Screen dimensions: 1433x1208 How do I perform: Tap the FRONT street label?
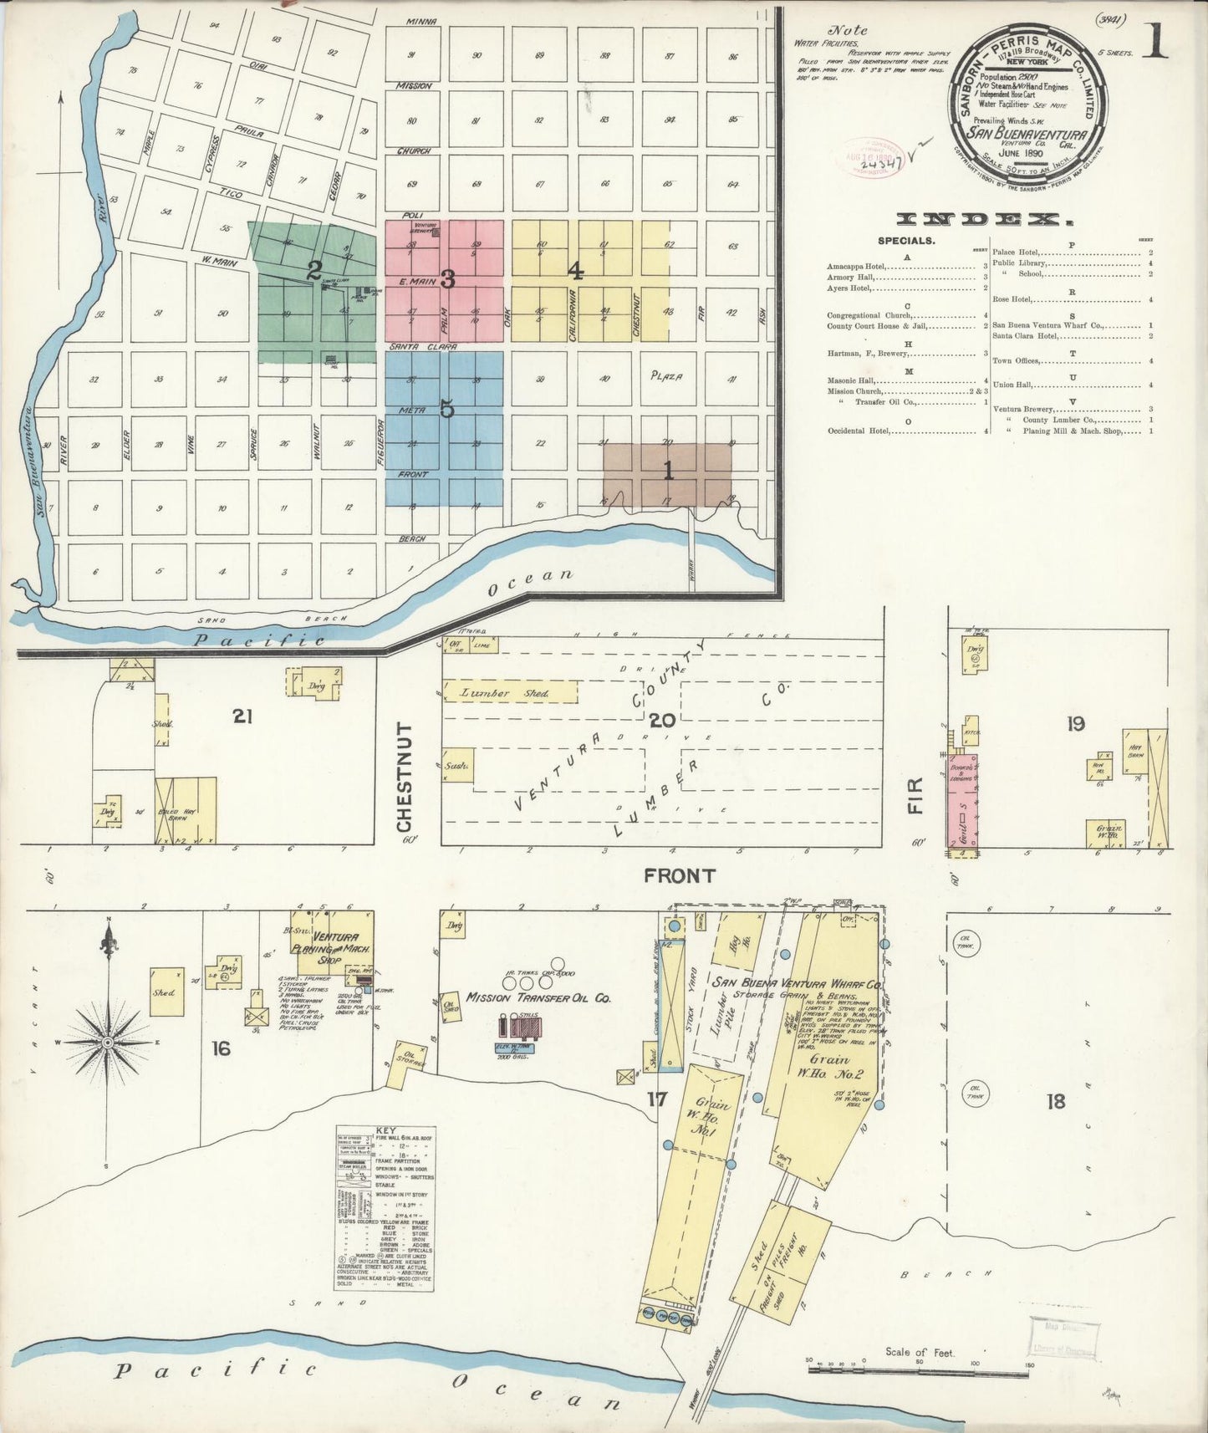coord(679,875)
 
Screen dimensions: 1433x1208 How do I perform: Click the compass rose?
coord(108,1041)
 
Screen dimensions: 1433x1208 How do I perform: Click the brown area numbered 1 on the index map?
coord(667,473)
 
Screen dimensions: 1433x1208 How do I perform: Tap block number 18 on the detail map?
coord(1056,1101)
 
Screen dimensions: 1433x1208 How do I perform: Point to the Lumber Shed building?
coord(508,693)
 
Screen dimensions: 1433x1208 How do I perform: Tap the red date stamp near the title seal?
coord(868,155)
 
